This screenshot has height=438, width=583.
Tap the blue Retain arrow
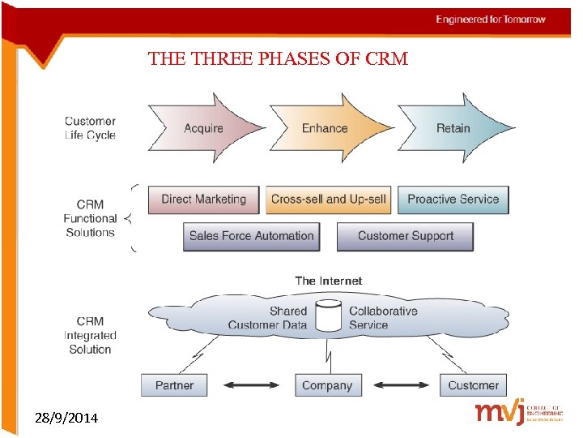452,128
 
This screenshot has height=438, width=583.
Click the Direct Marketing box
203,200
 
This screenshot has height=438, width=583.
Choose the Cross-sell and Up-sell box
329,200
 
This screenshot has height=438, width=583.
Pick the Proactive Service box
453,200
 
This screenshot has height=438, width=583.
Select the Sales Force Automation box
251,236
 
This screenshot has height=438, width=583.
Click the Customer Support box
404,236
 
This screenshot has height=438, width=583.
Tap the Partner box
174,385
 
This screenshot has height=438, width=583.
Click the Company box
327,385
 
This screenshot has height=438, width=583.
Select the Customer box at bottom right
473,385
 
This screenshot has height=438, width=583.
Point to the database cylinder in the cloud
328,316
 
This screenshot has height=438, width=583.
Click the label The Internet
328,281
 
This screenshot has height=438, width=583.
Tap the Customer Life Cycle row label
90,128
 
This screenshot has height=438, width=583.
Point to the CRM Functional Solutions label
90,218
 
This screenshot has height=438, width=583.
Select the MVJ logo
518,413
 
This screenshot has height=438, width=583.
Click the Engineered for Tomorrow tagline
491,19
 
